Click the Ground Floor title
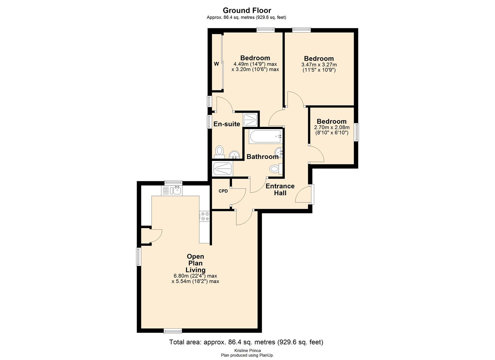pos(247,10)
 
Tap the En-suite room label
pos(227,124)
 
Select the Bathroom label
pos(262,157)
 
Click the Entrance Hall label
pos(280,189)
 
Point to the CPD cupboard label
pos(223,191)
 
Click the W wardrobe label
pos(216,64)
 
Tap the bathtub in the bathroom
pos(265,136)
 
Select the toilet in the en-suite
pos(219,151)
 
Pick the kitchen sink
pos(172,190)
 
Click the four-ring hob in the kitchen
pos(204,216)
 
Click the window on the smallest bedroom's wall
pos(356,132)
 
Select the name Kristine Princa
pos(247,350)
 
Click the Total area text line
pos(246,342)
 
